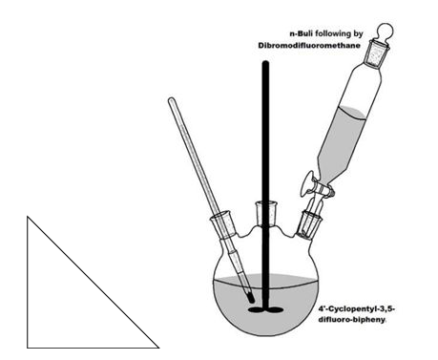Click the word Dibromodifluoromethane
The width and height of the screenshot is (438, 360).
coord(309,46)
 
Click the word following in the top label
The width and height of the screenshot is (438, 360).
coord(330,33)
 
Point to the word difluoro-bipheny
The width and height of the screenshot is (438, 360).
coord(352,320)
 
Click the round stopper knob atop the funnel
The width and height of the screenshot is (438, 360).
coord(385,32)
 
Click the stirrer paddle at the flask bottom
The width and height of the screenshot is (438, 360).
coord(265,309)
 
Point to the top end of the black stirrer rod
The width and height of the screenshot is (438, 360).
coord(265,62)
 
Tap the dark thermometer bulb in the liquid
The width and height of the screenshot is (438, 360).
coord(250,297)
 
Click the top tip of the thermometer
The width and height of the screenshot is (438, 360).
coord(171,99)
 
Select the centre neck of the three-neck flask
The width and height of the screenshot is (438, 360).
coord(265,214)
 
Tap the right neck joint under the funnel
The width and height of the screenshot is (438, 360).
coord(309,224)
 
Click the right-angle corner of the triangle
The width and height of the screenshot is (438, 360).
coord(28,348)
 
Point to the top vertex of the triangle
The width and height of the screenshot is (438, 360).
coord(28,217)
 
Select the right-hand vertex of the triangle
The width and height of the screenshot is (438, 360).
coord(158,348)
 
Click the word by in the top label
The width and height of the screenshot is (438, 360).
coord(358,34)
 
